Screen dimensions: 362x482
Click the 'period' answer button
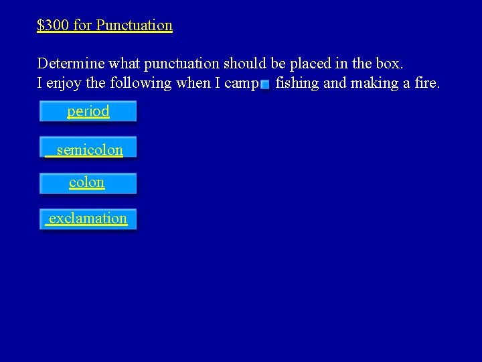[88, 111]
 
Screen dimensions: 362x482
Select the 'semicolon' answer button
[88, 148]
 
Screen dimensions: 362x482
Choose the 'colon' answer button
[88, 183]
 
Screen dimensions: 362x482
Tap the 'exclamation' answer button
[88, 219]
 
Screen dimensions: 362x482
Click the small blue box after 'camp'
[265, 84]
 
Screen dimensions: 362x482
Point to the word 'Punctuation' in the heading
[134, 25]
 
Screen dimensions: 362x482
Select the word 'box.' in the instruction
[390, 64]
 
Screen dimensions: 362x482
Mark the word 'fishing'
[297, 84]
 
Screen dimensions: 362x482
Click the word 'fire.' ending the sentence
[426, 84]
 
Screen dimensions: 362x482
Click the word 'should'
[244, 64]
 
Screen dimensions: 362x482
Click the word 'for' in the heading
[82, 25]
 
